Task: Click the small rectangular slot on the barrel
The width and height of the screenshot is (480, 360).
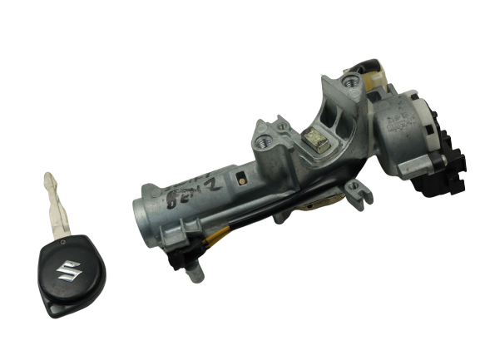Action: pos(240,175)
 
